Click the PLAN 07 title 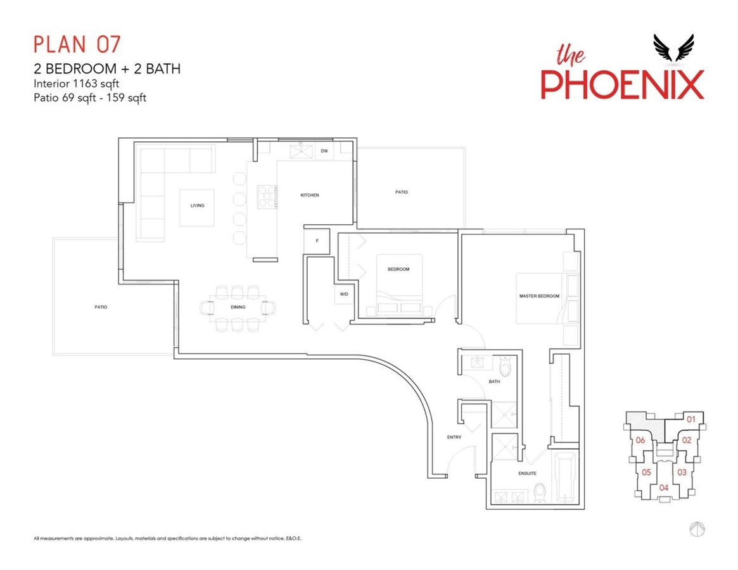77,44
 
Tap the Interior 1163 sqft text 76,84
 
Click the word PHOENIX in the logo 622,85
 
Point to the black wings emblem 673,47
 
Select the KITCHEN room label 310,195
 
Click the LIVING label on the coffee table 197,206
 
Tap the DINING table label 238,307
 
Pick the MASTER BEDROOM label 539,296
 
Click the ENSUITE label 527,474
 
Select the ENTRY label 454,437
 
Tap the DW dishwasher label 324,151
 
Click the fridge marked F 317,241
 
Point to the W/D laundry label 344,294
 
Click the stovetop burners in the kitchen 267,197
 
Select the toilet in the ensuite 539,492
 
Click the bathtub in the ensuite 565,478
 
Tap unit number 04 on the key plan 664,488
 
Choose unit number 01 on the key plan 690,419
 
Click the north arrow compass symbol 697,529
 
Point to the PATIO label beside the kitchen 402,192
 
